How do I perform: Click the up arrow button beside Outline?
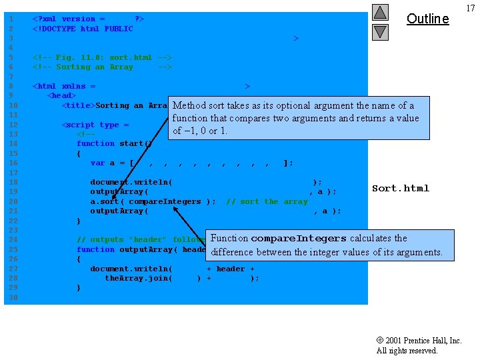[x=380, y=12]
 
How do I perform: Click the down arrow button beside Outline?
[x=380, y=31]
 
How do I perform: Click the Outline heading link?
[x=427, y=19]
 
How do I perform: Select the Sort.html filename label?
[x=401, y=189]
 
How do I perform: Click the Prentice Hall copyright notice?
[x=419, y=345]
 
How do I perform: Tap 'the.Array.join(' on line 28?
[x=141, y=278]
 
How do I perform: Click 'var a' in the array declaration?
[x=103, y=163]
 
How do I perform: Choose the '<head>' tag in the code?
[x=61, y=96]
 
